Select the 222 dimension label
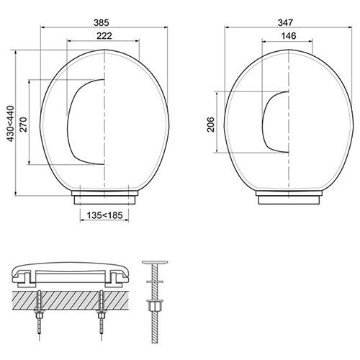(105, 35)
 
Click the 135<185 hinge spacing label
(105, 215)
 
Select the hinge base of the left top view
(105, 196)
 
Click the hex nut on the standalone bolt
(154, 307)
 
